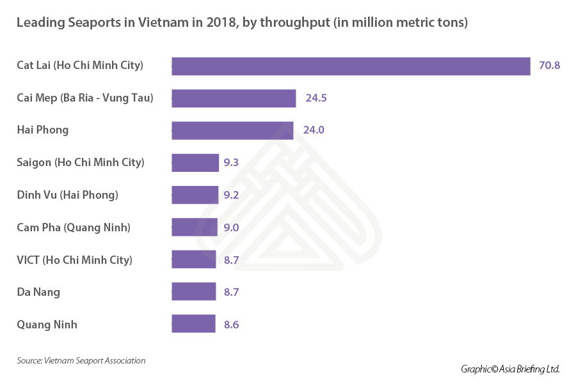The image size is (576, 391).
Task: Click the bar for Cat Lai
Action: [x=351, y=66]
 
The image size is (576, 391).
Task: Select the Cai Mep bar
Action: [x=234, y=98]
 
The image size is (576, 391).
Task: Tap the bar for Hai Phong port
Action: [x=232, y=130]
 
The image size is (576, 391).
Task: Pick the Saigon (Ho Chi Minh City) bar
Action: [x=195, y=163]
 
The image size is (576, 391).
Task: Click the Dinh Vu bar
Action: [x=195, y=195]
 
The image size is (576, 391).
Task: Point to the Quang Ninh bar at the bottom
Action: [x=194, y=325]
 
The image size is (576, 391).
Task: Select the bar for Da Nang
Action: [x=194, y=292]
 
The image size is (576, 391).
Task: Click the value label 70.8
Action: [x=549, y=66]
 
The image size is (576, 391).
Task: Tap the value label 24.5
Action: [x=316, y=98]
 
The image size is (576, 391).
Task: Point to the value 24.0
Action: [x=314, y=130]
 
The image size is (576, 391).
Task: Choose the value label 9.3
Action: [x=231, y=163]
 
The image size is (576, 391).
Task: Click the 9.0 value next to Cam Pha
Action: [x=231, y=227]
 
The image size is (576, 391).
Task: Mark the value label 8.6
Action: [x=231, y=325]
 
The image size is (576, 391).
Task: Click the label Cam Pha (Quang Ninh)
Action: [x=74, y=227]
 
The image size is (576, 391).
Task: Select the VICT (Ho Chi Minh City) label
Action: [x=74, y=260]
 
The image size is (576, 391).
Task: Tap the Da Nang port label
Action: [x=38, y=292]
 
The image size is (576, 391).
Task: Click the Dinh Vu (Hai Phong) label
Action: [x=67, y=195]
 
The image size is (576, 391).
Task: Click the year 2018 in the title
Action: [x=219, y=23]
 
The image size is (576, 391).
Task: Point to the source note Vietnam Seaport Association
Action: [x=81, y=361]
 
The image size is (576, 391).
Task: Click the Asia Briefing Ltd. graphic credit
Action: [x=510, y=369]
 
